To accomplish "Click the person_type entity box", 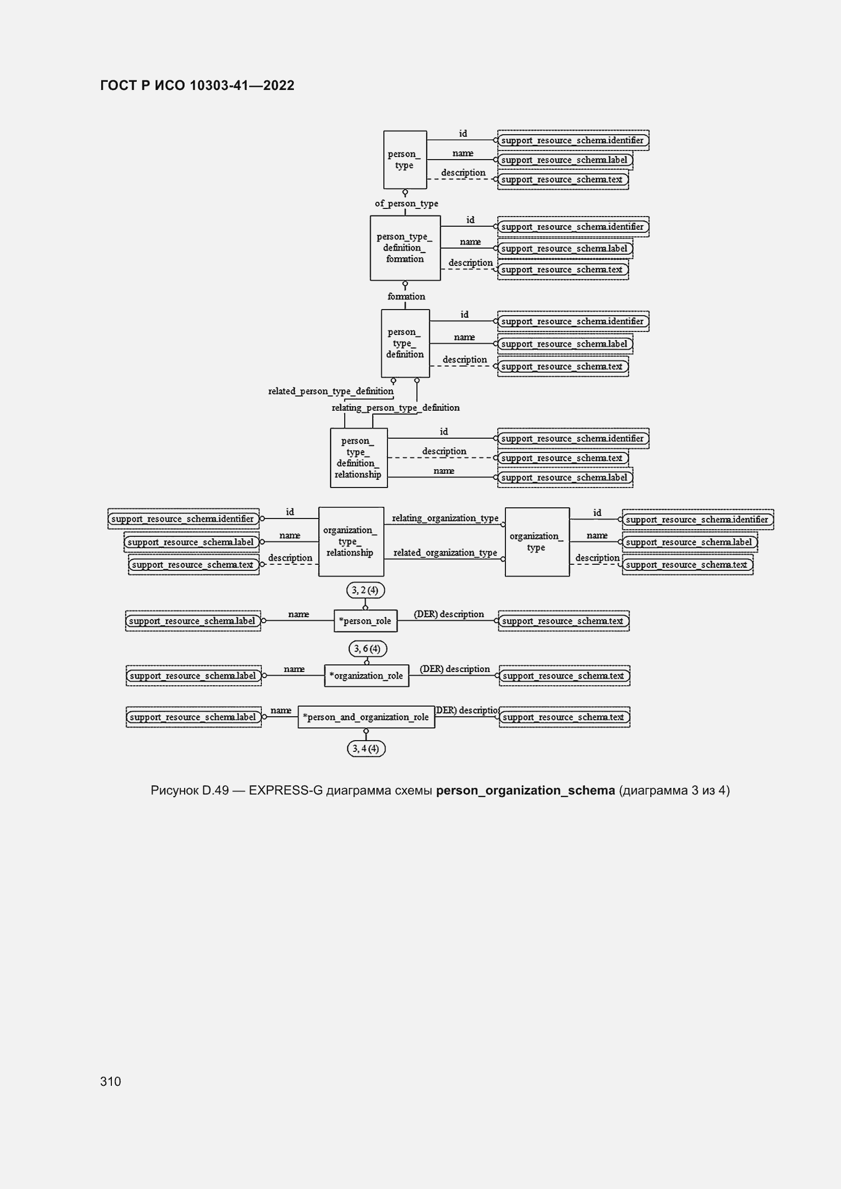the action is (405, 160).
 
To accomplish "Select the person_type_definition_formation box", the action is (405, 248).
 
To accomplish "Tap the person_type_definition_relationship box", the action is (359, 458).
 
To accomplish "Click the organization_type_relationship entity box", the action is (351, 542).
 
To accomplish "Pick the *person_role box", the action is (366, 621).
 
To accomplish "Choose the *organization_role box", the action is (367, 676).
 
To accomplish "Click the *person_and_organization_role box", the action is (366, 717).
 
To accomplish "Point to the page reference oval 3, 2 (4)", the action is (366, 590).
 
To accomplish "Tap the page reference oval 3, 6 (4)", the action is (368, 649).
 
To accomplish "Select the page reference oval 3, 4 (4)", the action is (366, 749).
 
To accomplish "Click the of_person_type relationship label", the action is (407, 203).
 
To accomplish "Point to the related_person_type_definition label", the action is (331, 391).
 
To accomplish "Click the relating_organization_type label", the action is (445, 518).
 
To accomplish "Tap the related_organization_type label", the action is (445, 553).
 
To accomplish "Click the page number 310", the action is (110, 1081).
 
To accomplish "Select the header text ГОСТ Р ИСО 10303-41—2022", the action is (197, 85).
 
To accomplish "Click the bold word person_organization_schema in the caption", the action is (526, 791).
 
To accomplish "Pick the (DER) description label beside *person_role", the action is (449, 614).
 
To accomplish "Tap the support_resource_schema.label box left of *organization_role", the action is (194, 676).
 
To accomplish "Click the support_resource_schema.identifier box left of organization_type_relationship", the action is (184, 519).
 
